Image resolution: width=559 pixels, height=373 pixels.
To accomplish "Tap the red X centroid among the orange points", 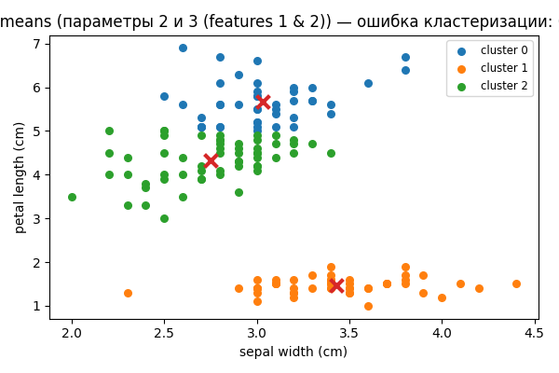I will click(336, 285).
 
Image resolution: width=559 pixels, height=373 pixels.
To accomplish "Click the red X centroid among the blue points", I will click(263, 101).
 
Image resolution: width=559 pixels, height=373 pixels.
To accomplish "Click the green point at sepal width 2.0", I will click(72, 197).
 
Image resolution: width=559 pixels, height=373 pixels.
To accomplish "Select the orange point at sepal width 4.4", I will click(516, 284).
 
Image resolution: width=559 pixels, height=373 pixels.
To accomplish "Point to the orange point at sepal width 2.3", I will click(128, 293).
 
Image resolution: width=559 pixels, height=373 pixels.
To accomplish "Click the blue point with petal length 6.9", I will click(183, 48).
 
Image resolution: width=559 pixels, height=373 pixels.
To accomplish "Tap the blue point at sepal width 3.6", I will click(368, 83).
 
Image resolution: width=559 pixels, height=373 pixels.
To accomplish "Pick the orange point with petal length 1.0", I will click(368, 306).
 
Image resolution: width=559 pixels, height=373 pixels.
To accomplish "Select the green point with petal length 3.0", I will click(164, 218).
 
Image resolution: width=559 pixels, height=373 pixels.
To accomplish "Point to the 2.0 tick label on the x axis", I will click(72, 334).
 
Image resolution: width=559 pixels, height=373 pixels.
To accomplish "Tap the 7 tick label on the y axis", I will click(37, 44).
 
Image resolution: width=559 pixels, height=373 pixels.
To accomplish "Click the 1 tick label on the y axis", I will click(37, 306).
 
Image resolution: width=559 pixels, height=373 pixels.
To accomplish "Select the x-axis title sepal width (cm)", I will click(293, 352).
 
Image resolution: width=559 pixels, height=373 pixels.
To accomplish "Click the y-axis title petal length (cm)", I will click(20, 177).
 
